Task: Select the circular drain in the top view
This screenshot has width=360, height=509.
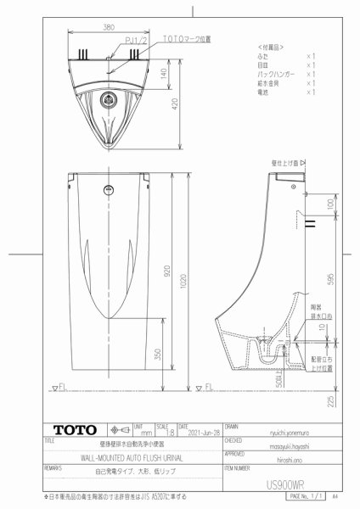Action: (109, 99)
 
